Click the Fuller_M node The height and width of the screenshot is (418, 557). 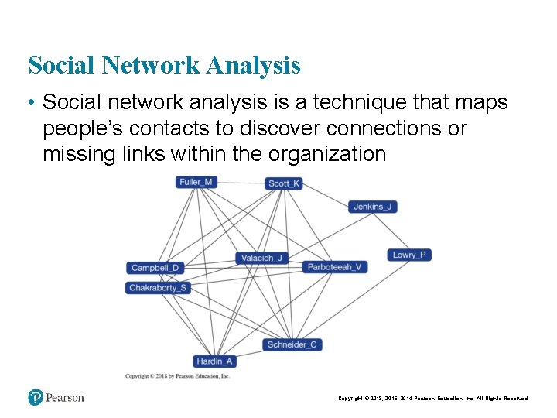pyautogui.click(x=196, y=182)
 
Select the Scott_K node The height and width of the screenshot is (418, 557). pyautogui.click(x=284, y=183)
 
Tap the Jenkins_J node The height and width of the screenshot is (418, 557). pyautogui.click(x=373, y=207)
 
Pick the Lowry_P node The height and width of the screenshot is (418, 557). pyautogui.click(x=409, y=255)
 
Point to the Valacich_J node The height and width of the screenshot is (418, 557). pyautogui.click(x=261, y=258)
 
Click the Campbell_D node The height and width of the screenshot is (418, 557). pyautogui.click(x=155, y=268)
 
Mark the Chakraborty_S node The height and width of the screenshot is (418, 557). pyautogui.click(x=158, y=288)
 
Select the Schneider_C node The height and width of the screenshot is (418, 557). pyautogui.click(x=292, y=344)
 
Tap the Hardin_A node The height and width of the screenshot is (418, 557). pyautogui.click(x=214, y=361)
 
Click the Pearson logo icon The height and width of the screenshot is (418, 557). pyautogui.click(x=36, y=397)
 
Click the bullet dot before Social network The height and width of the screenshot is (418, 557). pyautogui.click(x=32, y=103)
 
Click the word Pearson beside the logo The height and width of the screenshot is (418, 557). pyautogui.click(x=64, y=398)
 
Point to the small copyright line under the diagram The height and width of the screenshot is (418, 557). pyautogui.click(x=177, y=376)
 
